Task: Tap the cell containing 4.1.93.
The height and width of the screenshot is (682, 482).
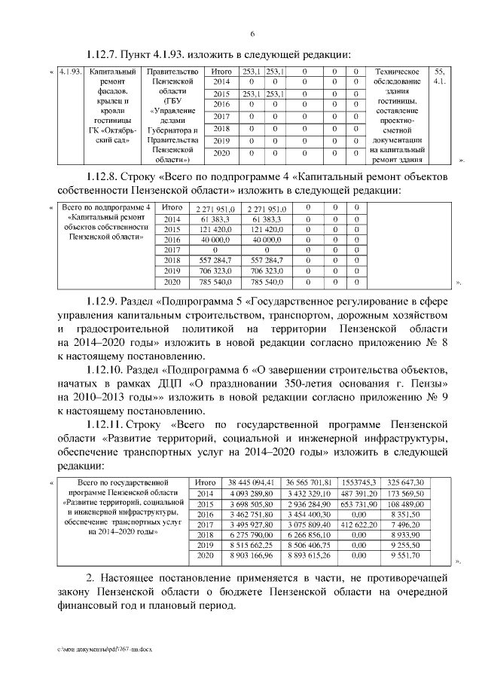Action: (70, 72)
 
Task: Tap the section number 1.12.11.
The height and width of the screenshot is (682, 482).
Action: (107, 425)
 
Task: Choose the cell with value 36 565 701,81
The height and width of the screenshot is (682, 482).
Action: (310, 482)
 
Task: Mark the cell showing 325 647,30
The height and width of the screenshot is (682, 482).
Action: (405, 482)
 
